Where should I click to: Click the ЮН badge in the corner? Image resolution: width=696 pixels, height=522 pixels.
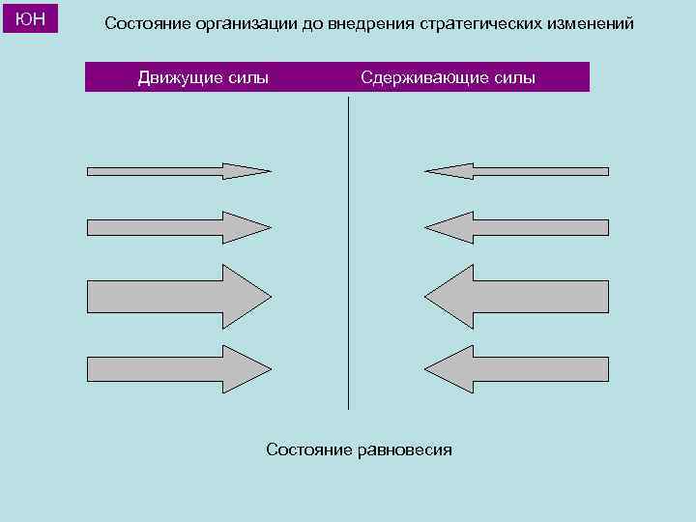pos(31,18)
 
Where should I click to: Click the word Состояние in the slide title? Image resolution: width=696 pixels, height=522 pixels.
pos(147,23)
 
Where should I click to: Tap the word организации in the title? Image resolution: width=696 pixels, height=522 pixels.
pos(244,23)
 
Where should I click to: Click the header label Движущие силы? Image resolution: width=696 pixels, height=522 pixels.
pos(203,77)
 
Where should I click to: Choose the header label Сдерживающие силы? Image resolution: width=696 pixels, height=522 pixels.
pos(448,77)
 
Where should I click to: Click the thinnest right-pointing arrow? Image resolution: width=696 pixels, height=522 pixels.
pos(179,171)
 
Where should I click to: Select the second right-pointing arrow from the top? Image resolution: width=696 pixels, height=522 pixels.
pos(179,228)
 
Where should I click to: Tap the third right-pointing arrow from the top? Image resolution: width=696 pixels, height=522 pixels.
pos(179,296)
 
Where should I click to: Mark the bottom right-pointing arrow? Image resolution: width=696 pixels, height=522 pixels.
pos(179,368)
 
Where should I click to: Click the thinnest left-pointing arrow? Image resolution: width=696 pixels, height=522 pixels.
pos(517,171)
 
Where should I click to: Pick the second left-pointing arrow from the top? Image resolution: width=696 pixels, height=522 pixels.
pos(517,228)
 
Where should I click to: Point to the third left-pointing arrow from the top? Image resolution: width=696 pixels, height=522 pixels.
pos(517,296)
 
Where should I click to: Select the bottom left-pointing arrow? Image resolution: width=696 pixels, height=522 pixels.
pos(517,368)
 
